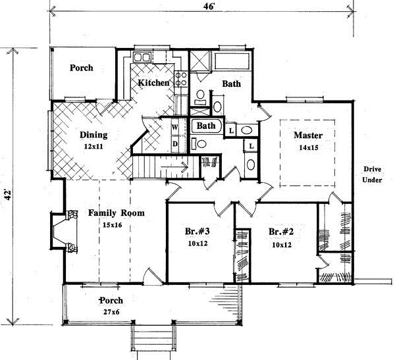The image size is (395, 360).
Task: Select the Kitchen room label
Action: (154, 83)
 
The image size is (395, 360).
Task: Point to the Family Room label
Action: (116, 213)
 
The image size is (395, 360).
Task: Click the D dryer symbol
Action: (174, 143)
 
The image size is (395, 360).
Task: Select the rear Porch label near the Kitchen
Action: (81, 68)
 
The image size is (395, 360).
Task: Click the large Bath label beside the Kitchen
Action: (230, 84)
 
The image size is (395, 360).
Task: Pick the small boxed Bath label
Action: (206, 125)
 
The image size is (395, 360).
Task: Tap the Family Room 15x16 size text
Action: (116, 225)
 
